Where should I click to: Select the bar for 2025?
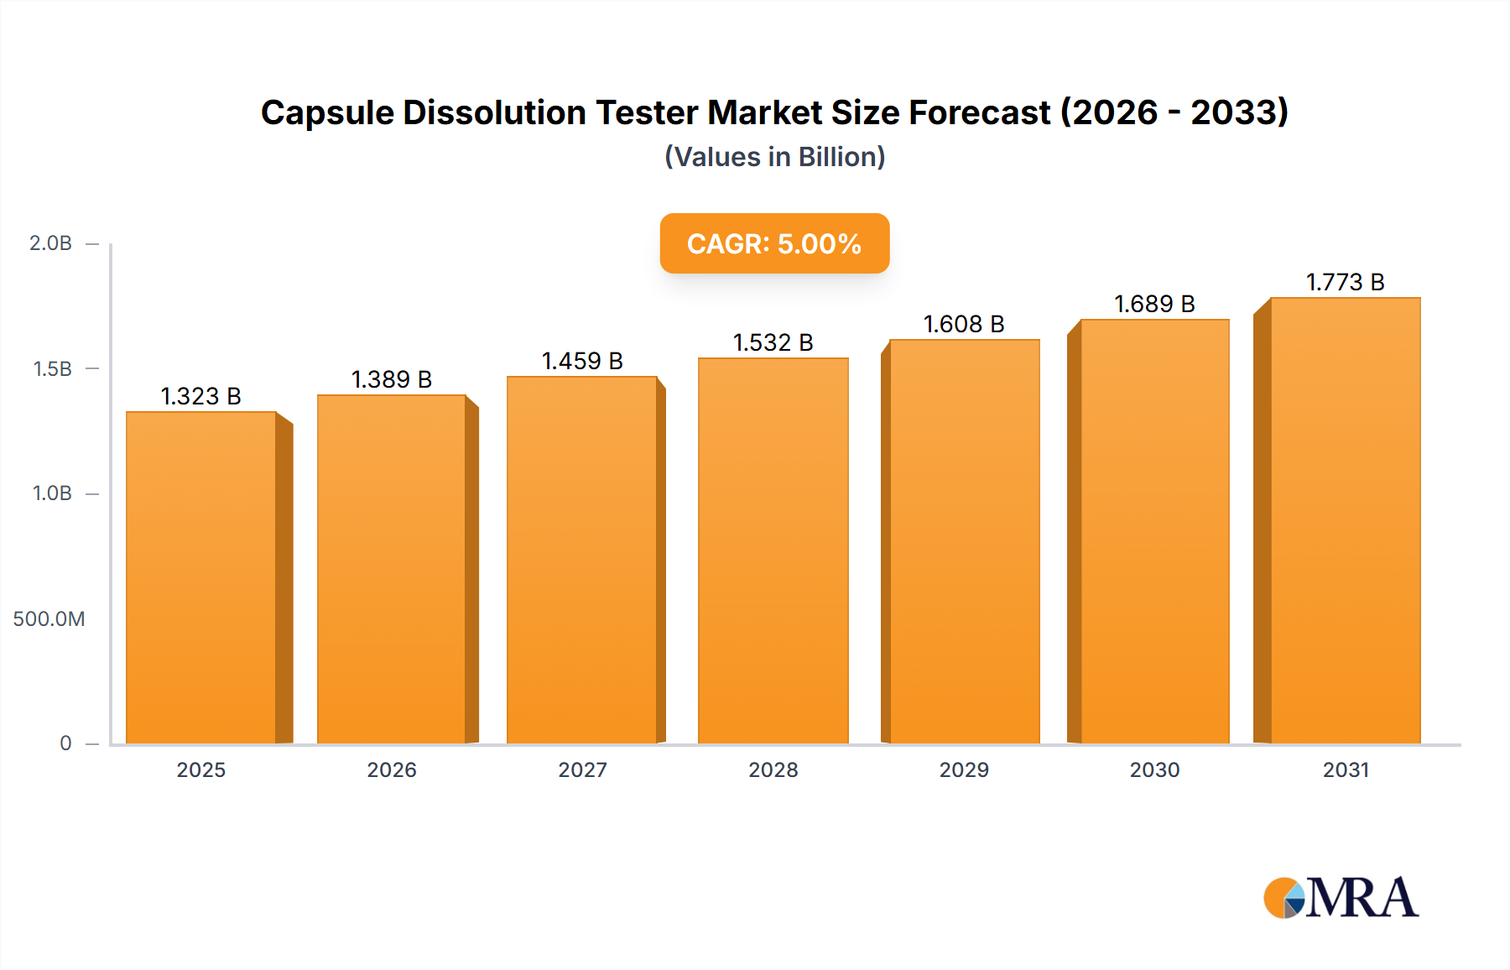click(x=201, y=579)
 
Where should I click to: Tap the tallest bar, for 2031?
click(x=1345, y=520)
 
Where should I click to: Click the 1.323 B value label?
click(x=200, y=396)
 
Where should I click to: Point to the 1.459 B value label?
click(x=582, y=361)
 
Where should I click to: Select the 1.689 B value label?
click(x=1154, y=304)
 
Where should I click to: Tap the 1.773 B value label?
click(x=1345, y=282)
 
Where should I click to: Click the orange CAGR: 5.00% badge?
click(x=774, y=243)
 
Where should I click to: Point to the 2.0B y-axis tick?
click(x=51, y=243)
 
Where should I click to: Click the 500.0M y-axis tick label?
click(x=49, y=619)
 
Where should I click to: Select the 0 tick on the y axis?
click(x=65, y=743)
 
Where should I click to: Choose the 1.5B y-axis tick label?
click(x=52, y=369)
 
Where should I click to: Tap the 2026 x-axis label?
click(x=392, y=770)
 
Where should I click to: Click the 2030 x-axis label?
click(x=1154, y=770)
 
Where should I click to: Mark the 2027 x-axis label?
click(x=582, y=770)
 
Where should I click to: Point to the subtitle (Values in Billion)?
click(x=774, y=157)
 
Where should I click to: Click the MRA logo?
click(x=1341, y=898)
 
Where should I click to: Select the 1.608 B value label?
click(x=964, y=324)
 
